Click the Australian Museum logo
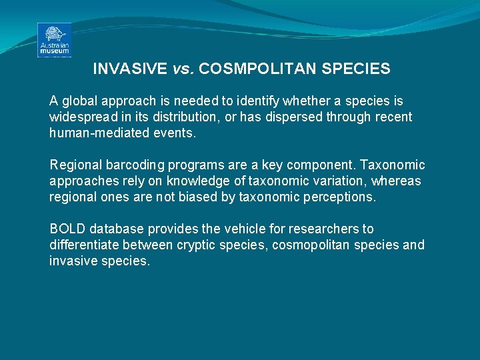[x=54, y=40]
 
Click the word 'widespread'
[x=82, y=117]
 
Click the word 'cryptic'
[x=197, y=245]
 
